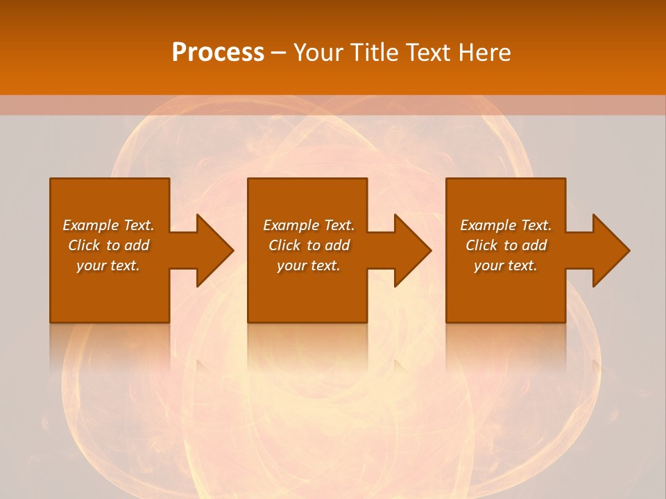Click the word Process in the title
point(218,52)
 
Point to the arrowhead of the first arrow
point(215,250)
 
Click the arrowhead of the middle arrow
point(413,250)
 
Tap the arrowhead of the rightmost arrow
point(611,250)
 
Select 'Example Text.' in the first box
point(108,225)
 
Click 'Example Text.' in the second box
point(309,225)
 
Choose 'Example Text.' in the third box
point(506,225)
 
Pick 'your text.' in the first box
point(108,265)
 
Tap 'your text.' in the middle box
point(309,265)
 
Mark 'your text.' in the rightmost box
point(506,265)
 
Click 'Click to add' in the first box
point(108,245)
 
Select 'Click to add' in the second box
point(309,245)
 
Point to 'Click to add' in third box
point(506,245)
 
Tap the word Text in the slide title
point(427,52)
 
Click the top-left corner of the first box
point(51,180)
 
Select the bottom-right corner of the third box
point(565,322)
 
